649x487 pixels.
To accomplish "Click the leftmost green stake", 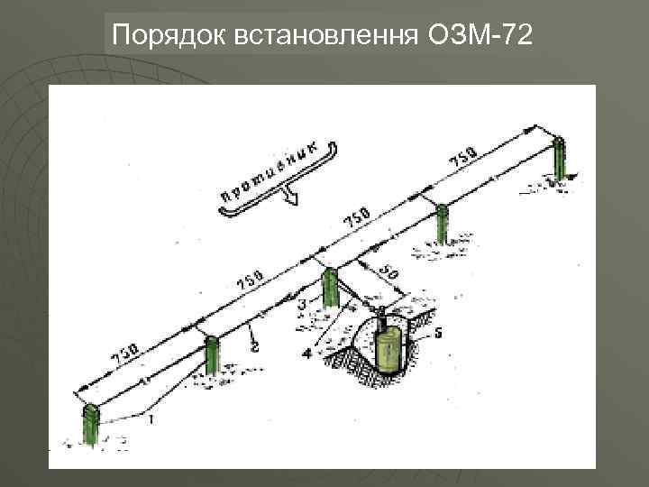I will pos(90,425).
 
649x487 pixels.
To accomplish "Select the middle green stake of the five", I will pos(329,288).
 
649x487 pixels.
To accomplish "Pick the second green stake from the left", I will pos(211,354).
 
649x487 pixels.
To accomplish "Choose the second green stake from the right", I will pos(441,223).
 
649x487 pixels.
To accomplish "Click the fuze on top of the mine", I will pos(381,315).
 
